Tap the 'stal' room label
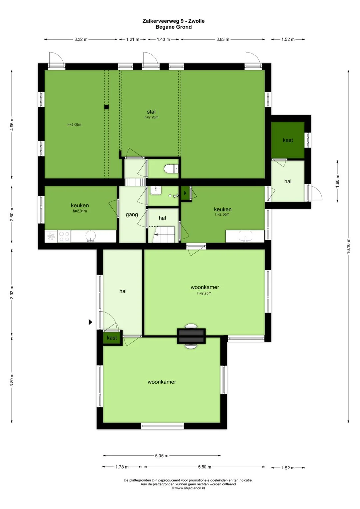[151, 112]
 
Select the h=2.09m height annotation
[74, 125]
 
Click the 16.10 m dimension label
[348, 246]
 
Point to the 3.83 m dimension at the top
[223, 39]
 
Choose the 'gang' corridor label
[132, 215]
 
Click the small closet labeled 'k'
[185, 193]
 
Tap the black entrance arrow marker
[90, 322]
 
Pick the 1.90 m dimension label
[337, 181]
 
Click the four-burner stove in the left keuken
[64, 236]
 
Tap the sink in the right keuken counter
[245, 236]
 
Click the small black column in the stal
[106, 107]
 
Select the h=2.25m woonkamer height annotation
[204, 293]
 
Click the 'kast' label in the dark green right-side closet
[288, 140]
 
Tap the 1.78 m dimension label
[122, 467]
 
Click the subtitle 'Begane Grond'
[174, 27]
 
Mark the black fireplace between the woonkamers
[191, 336]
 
